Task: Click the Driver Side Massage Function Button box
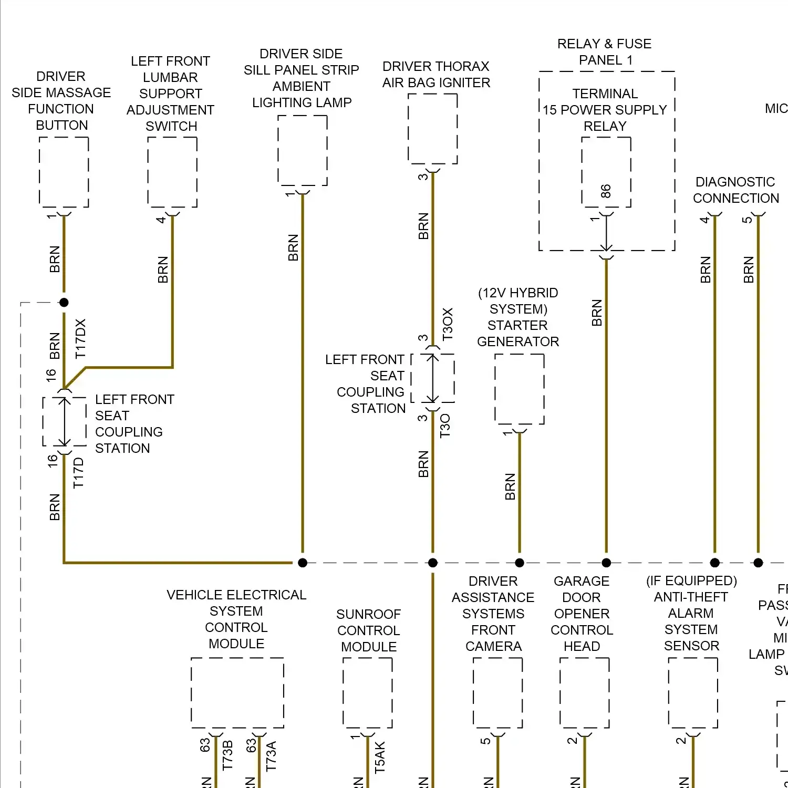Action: point(64,172)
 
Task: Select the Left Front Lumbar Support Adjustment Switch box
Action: point(172,172)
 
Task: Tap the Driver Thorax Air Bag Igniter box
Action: point(433,129)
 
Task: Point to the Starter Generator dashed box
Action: point(520,389)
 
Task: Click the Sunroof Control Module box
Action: point(368,692)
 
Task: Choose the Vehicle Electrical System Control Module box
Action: point(237,692)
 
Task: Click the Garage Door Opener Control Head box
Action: point(585,692)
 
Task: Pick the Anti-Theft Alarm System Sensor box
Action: point(693,692)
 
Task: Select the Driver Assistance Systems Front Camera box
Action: point(498,692)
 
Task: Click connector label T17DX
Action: point(80,339)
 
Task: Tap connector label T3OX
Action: point(447,324)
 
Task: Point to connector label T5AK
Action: point(380,757)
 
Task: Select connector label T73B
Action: point(227,755)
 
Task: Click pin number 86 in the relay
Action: point(606,191)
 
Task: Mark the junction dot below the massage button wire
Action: point(64,303)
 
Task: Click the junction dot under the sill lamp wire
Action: point(303,563)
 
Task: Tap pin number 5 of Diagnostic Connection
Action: point(746,220)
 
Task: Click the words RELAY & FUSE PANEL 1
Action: point(605,51)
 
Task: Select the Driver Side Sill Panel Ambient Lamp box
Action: point(303,150)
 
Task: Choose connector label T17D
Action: point(78,473)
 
